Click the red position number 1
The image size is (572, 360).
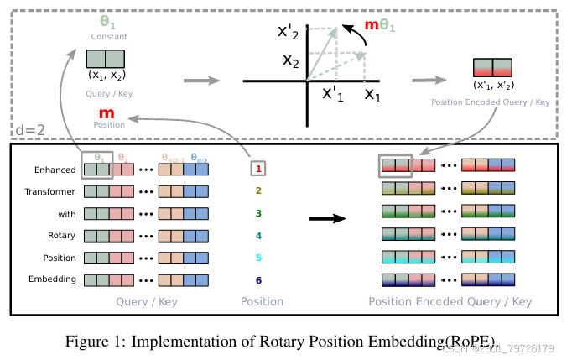coord(259,170)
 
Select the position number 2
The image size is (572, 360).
coord(259,191)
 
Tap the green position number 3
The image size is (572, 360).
coord(259,213)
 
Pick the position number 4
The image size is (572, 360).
coord(259,236)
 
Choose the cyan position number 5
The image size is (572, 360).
coord(259,258)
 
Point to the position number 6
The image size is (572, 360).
coord(259,279)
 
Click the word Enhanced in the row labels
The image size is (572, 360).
coord(55,170)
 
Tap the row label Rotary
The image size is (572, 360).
coord(61,236)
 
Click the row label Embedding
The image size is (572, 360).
coord(53,279)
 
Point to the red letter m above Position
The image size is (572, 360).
coord(107,113)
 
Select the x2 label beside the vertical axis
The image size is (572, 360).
coord(290,60)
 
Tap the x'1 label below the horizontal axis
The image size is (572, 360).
coord(333,94)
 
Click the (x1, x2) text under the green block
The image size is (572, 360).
coord(107,74)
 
